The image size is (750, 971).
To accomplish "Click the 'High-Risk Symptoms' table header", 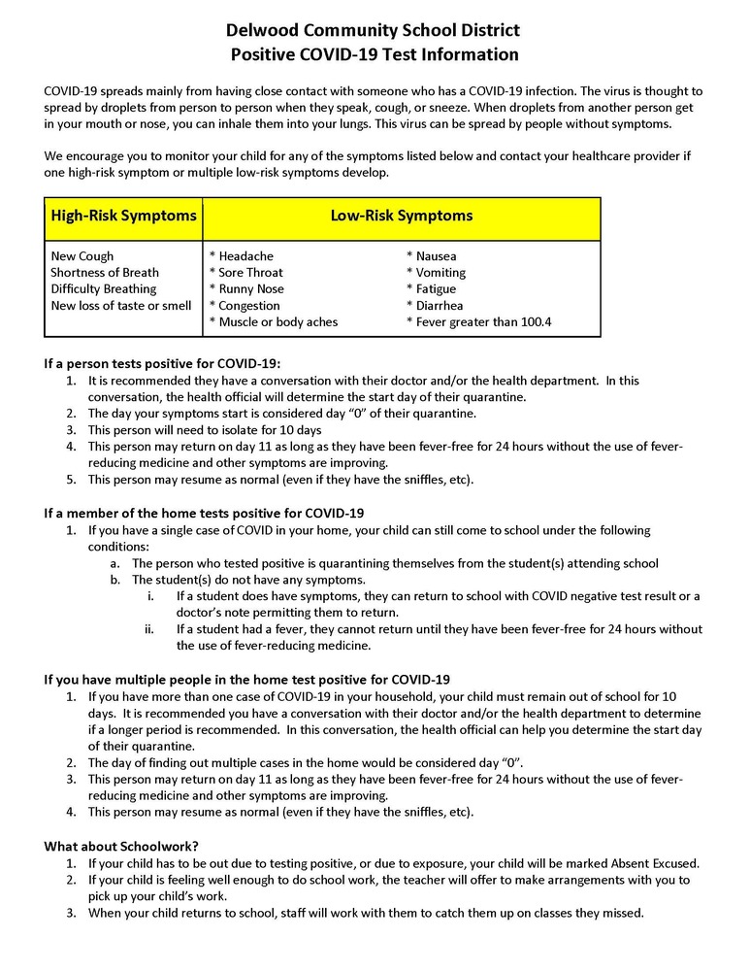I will point(123,216).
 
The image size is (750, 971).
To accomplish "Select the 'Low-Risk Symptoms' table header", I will point(401,216).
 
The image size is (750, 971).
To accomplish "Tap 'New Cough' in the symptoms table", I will point(82,256).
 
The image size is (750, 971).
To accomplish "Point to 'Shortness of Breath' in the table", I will point(105,273).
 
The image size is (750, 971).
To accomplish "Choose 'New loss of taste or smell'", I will point(120,305).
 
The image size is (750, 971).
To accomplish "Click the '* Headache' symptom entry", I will point(242,256).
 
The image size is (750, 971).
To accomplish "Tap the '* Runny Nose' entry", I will point(247,288).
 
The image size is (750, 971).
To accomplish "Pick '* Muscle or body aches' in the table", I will point(274,321).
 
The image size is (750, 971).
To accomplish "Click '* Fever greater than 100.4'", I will point(479,321).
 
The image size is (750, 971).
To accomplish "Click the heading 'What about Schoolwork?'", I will point(121,846).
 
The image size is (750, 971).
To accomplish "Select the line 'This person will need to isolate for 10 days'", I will point(205,429).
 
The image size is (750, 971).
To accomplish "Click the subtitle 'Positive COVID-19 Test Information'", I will point(375,54).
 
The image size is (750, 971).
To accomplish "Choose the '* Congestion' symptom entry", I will point(245,305).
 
